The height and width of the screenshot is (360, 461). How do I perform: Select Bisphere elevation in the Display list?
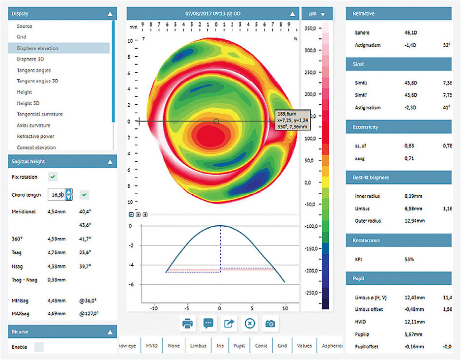pyautogui.click(x=37, y=48)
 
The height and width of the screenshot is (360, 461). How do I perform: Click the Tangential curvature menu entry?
pyautogui.click(x=39, y=114)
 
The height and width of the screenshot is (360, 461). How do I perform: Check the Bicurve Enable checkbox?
pyautogui.click(x=38, y=347)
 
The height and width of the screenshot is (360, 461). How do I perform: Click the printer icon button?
pyautogui.click(x=187, y=324)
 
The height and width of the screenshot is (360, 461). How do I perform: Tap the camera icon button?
pyautogui.click(x=270, y=324)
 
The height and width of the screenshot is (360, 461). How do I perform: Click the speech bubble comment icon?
pyautogui.click(x=208, y=324)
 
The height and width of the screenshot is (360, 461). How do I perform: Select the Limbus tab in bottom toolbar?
pyautogui.click(x=198, y=346)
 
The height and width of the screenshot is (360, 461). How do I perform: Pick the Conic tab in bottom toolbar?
pyautogui.click(x=261, y=346)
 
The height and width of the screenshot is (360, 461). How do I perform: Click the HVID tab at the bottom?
pyautogui.click(x=152, y=346)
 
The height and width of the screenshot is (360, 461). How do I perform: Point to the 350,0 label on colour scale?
pyautogui.click(x=310, y=29)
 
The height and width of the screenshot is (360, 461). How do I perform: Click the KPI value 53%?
pyautogui.click(x=409, y=259)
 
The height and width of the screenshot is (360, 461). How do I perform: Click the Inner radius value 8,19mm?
pyautogui.click(x=413, y=196)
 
